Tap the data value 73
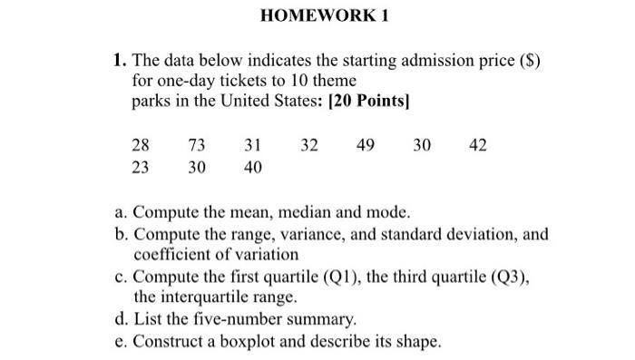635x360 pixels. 197,145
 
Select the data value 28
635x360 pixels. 142,145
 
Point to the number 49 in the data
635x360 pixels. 366,145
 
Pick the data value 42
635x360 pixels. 478,145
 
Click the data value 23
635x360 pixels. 142,168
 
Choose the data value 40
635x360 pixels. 253,168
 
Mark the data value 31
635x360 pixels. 253,145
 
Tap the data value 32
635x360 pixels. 309,145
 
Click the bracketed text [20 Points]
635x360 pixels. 361,101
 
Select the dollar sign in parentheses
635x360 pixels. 531,61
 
